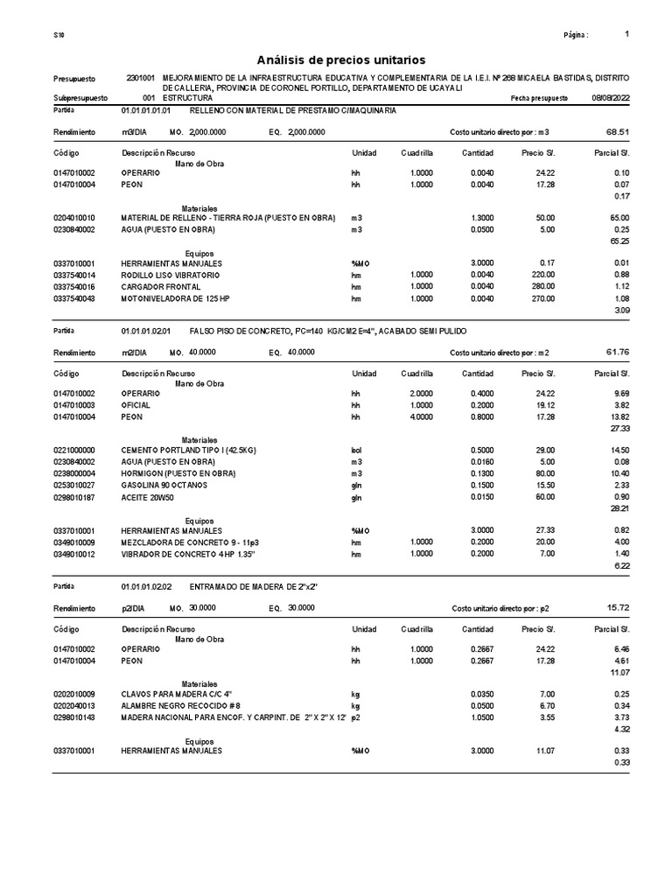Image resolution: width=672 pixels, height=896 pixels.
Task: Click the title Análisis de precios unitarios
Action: pos(340,59)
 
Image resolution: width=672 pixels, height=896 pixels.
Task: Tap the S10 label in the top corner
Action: pos(58,35)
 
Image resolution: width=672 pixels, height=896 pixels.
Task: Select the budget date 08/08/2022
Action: pos(609,99)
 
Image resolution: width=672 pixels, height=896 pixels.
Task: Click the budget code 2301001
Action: pos(142,79)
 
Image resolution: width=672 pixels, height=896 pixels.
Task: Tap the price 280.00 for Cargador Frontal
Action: pos(540,286)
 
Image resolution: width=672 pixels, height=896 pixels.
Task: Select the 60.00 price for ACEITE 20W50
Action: pos(542,495)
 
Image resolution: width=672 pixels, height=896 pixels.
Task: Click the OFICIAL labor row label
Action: pos(136,405)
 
